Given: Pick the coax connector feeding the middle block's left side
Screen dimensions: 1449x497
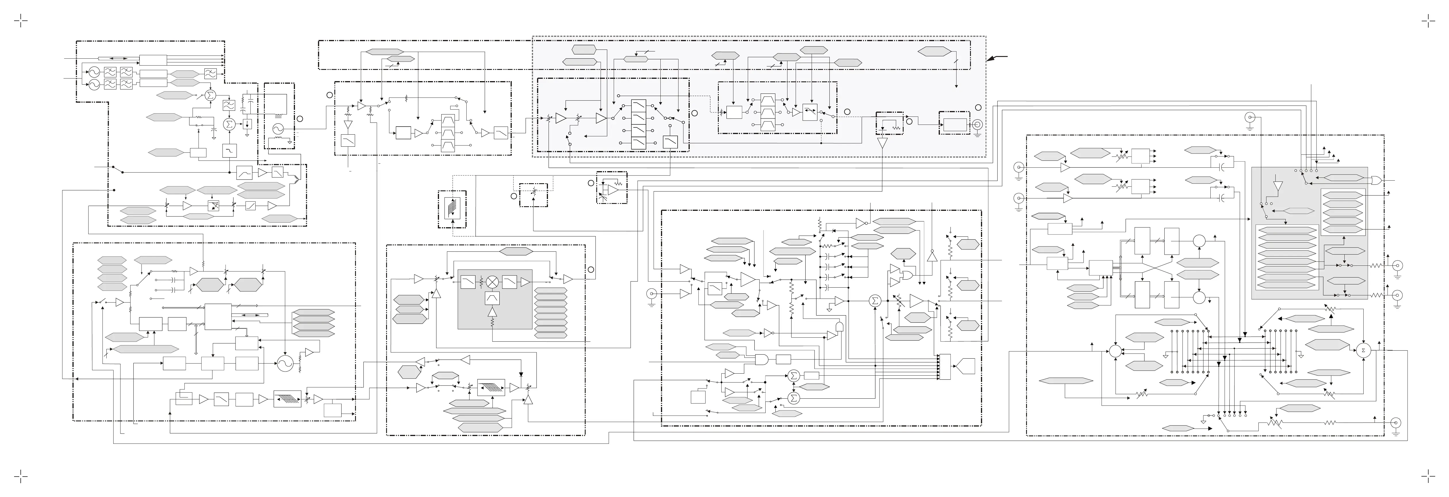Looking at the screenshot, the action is pyautogui.click(x=651, y=293).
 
